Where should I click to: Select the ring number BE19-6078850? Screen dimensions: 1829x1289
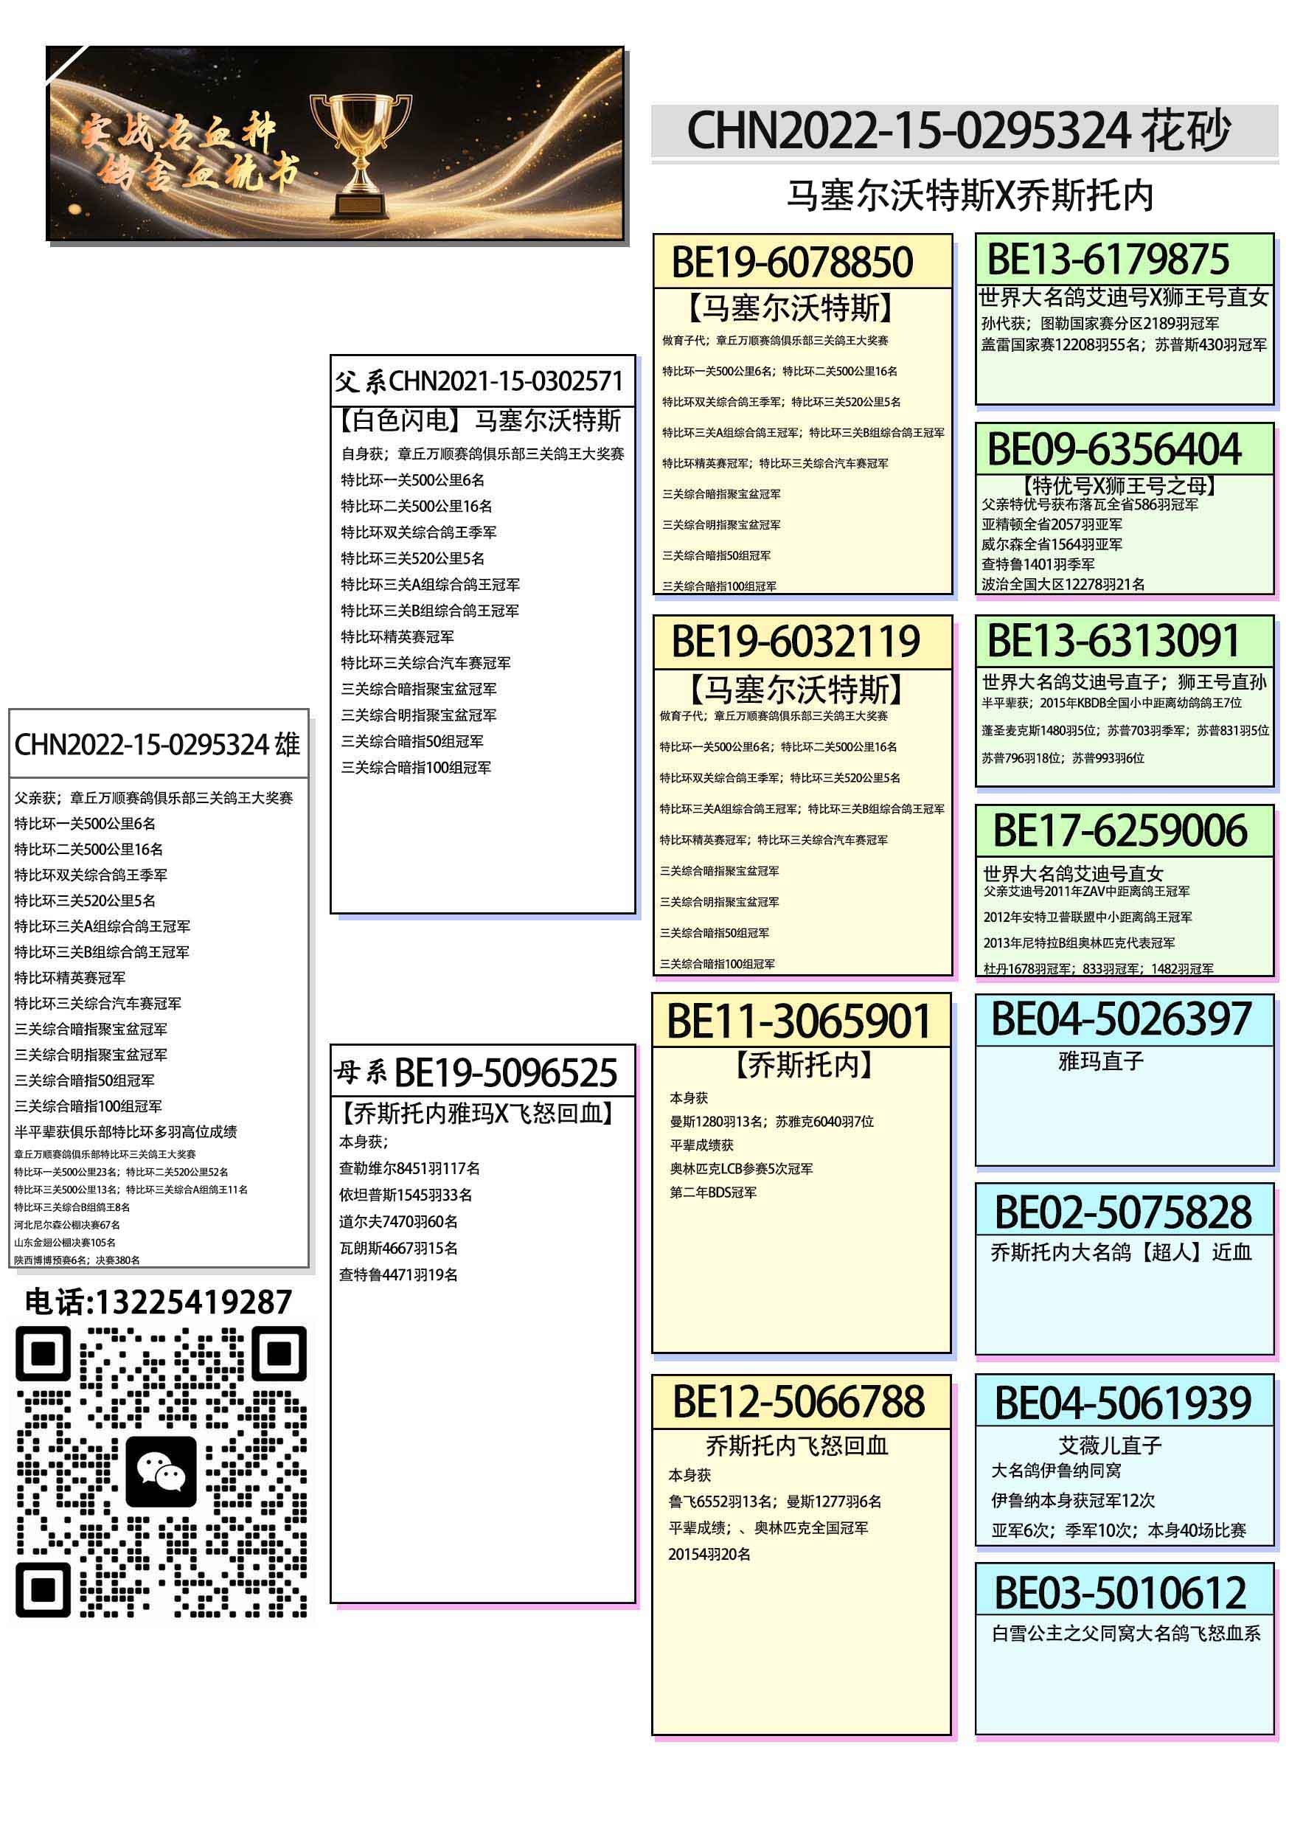click(x=792, y=263)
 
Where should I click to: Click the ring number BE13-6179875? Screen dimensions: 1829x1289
click(x=1108, y=260)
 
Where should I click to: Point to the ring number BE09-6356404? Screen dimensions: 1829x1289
click(x=1113, y=450)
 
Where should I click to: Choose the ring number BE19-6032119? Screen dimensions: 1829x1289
click(x=795, y=642)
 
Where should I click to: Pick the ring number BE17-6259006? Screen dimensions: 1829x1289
click(x=1119, y=831)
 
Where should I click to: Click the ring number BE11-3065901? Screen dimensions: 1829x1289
click(x=799, y=1022)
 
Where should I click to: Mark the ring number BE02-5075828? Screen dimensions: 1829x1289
click(x=1123, y=1212)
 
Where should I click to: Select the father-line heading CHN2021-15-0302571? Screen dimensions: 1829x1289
click(x=505, y=381)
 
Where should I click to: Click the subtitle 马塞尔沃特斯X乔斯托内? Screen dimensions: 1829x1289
click(x=970, y=196)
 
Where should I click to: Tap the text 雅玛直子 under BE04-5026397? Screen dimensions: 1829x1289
click(x=1100, y=1062)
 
